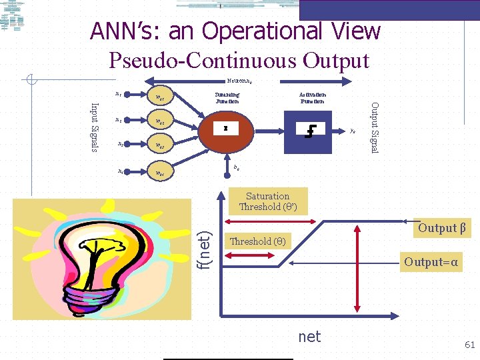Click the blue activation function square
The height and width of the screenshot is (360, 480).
(309, 129)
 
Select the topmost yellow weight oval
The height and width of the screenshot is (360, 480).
(160, 98)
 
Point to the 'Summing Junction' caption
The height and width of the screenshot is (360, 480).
(227, 98)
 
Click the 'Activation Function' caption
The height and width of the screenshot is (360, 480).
(312, 98)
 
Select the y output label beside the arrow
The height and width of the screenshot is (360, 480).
(352, 131)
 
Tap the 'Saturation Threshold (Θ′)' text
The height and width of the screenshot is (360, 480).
(267, 201)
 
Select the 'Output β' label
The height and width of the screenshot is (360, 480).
(441, 228)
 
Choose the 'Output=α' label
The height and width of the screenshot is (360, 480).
(431, 262)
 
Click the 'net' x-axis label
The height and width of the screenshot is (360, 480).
(309, 337)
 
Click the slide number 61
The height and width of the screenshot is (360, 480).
(469, 345)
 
